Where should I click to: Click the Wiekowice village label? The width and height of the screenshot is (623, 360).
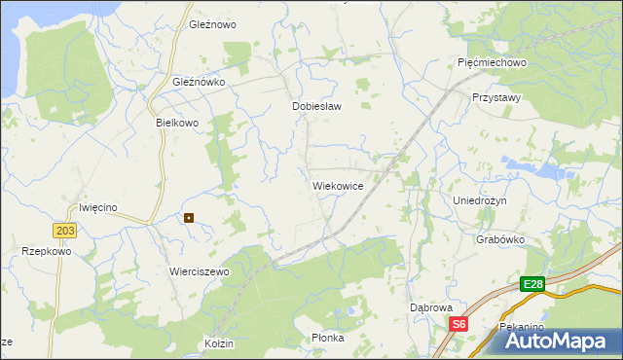[338, 185]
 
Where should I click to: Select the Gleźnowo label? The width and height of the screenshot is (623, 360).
[213, 24]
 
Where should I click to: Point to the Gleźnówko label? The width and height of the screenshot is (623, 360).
[199, 83]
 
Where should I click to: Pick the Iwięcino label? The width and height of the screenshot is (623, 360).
[97, 207]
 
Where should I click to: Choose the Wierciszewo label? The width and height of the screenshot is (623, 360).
[199, 271]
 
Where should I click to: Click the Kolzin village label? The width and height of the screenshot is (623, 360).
[221, 343]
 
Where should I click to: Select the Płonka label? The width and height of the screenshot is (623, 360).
[328, 338]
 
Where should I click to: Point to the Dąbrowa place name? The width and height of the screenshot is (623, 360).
[432, 307]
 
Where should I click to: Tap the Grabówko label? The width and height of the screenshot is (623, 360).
[500, 239]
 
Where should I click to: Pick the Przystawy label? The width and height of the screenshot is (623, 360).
[496, 98]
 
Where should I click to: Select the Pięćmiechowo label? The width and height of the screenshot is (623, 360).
[492, 62]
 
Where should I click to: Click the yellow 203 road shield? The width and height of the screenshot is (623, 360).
[65, 230]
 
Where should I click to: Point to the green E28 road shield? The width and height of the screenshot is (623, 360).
[531, 284]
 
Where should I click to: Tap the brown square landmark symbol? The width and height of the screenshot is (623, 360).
[189, 218]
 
